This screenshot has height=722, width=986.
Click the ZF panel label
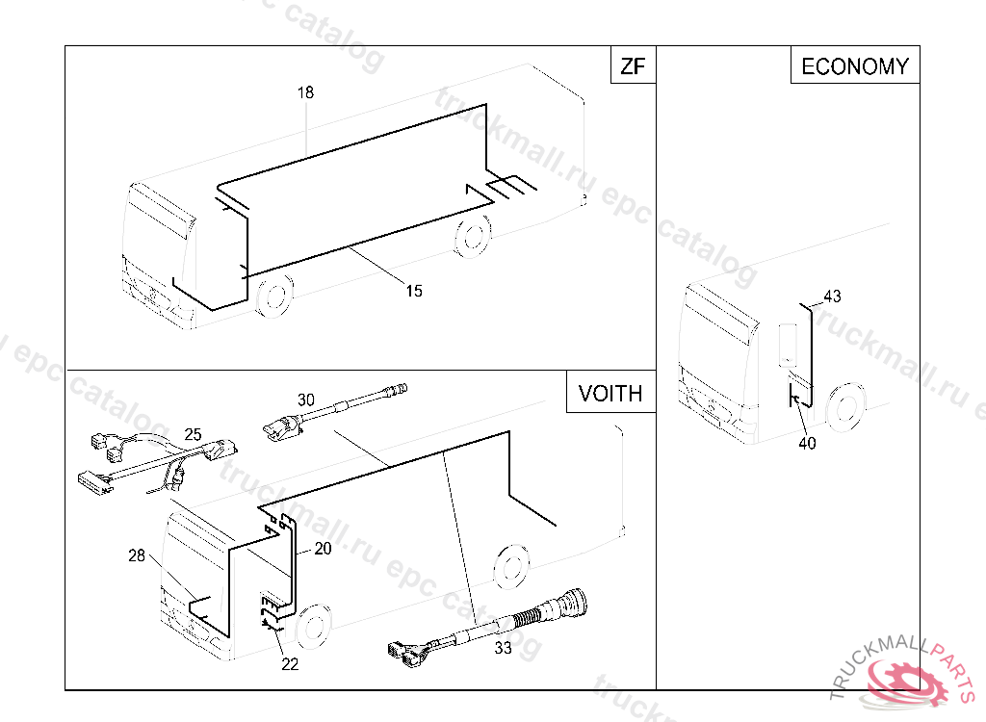pos(633,66)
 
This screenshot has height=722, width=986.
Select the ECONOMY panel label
pos(855,66)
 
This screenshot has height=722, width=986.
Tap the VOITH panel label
pos(610,394)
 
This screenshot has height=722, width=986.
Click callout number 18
pos(305,93)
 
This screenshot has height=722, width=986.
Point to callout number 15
pos(414,291)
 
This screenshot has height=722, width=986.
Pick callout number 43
pos(832,297)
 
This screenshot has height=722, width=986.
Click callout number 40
pos(808,444)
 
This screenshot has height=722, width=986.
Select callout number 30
pos(306,400)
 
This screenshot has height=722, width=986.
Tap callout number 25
pos(193,434)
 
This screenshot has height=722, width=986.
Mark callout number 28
pos(137,556)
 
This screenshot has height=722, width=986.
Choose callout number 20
pos(323,549)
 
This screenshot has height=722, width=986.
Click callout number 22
pos(290,664)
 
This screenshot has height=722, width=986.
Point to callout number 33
pos(503,649)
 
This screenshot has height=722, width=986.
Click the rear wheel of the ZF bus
pos(473,235)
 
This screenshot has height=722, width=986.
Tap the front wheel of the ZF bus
pos(275,295)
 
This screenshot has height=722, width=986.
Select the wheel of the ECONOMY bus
pos(846,406)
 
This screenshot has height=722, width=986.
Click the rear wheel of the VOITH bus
pos(511,566)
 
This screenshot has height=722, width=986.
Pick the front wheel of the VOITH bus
pos(313,627)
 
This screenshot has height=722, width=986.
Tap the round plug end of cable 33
pos(576,601)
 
